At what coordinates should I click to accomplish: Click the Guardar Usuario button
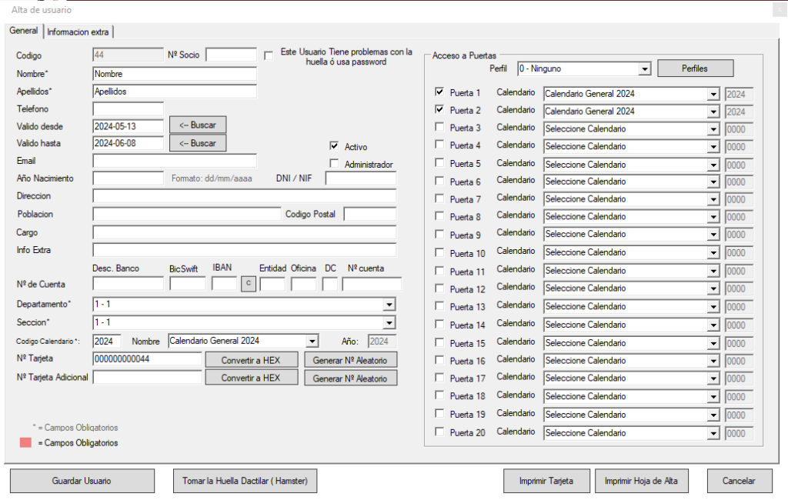click(x=82, y=481)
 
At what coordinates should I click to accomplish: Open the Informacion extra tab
click(x=78, y=32)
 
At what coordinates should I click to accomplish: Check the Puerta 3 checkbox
click(x=439, y=127)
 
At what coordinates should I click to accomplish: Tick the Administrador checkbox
click(x=334, y=163)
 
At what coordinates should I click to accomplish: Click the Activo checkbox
click(x=334, y=145)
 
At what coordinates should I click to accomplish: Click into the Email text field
click(x=175, y=161)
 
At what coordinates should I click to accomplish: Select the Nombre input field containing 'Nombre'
click(x=175, y=74)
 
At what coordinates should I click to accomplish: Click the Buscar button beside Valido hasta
click(x=198, y=143)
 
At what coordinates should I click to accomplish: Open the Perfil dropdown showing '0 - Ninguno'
click(x=585, y=68)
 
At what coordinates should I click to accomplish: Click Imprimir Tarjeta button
click(x=546, y=481)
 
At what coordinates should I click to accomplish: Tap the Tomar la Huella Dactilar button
click(x=245, y=481)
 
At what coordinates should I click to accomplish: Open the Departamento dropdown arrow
click(x=389, y=305)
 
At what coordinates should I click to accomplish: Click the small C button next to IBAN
click(x=249, y=284)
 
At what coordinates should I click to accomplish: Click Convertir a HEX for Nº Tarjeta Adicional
click(x=252, y=378)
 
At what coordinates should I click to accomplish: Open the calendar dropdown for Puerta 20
click(x=713, y=433)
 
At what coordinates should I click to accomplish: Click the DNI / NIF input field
click(x=361, y=178)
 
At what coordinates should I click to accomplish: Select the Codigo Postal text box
click(x=370, y=214)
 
